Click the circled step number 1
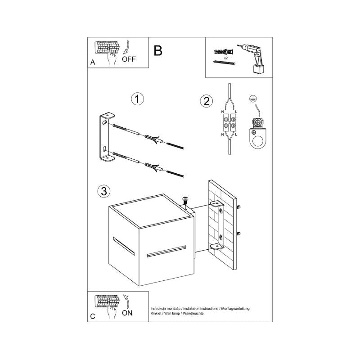137,99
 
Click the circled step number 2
206,101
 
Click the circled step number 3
104,191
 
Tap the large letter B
158,50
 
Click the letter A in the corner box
93,63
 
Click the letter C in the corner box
92,317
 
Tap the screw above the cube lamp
184,200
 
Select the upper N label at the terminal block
223,111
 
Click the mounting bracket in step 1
105,137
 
